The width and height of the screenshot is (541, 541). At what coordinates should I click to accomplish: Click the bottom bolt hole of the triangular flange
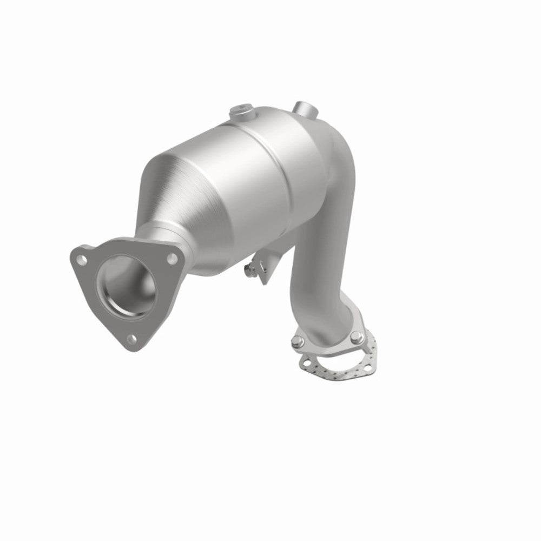click(131, 339)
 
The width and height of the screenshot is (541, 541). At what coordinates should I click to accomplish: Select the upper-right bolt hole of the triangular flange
click(172, 259)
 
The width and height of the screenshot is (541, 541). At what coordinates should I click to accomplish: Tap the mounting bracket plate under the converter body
click(264, 270)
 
